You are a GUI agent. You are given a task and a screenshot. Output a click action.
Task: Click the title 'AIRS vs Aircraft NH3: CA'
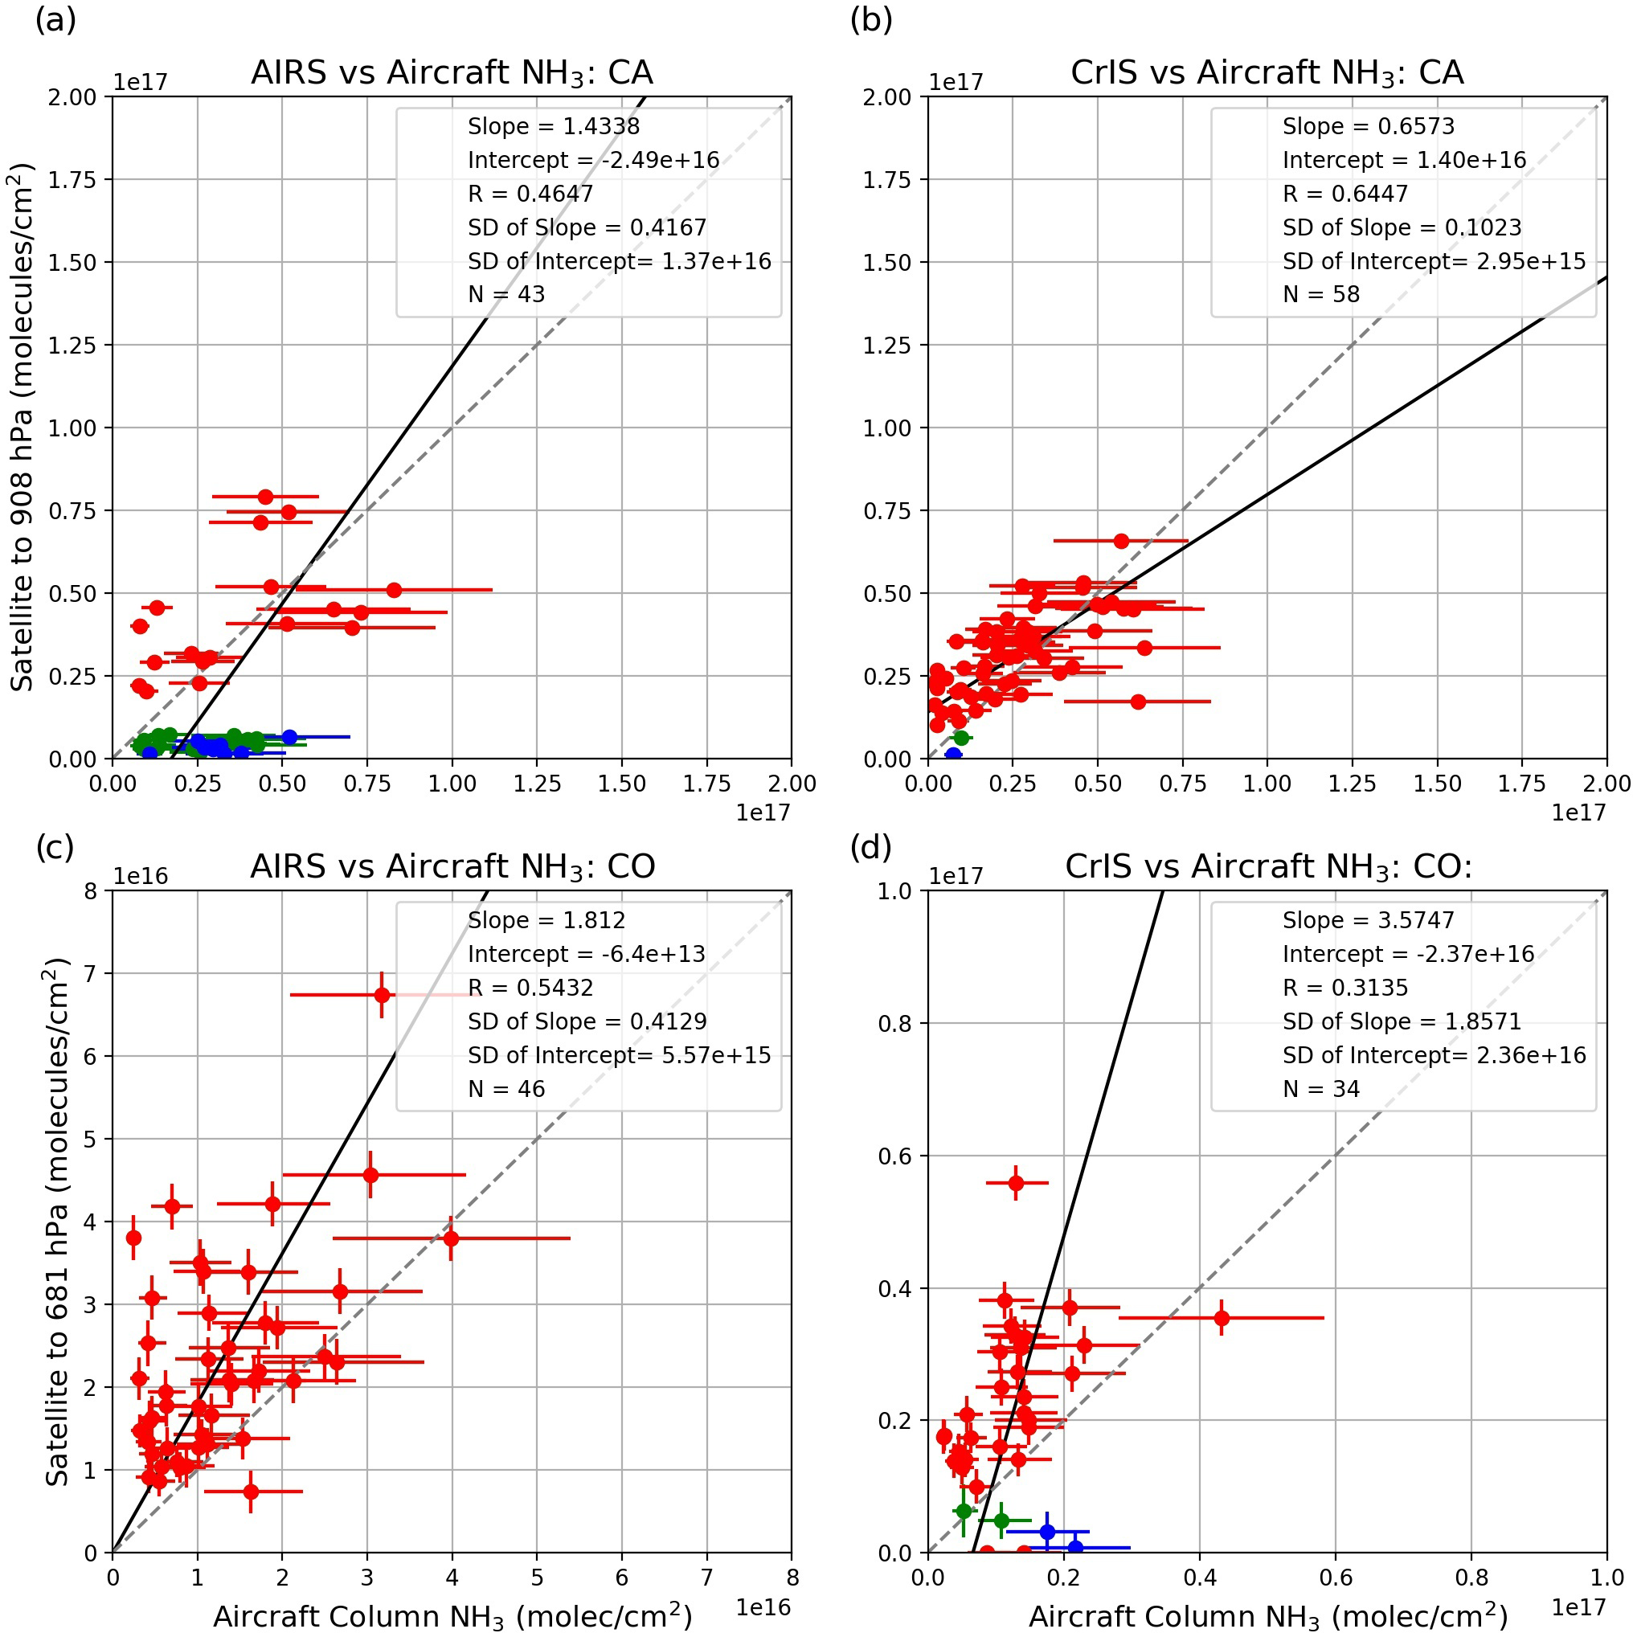point(452,74)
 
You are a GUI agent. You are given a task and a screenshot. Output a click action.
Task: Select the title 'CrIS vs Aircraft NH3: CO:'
point(1268,867)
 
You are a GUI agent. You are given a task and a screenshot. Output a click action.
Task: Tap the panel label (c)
point(55,847)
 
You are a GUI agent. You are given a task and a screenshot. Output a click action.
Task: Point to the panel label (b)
point(870,19)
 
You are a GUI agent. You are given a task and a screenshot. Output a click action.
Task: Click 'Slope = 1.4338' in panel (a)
point(554,127)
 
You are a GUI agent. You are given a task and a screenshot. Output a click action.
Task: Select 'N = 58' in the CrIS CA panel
point(1321,294)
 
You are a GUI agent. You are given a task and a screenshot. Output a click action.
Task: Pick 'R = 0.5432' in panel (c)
point(531,987)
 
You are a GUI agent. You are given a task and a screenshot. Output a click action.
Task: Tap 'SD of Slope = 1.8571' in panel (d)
point(1402,1021)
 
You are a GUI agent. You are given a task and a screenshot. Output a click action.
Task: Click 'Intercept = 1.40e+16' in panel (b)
point(1404,160)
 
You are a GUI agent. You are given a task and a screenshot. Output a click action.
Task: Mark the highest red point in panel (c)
point(382,995)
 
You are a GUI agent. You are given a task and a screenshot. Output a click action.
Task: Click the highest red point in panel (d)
point(1016,1183)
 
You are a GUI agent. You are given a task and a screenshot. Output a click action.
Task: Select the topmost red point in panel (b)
point(1121,541)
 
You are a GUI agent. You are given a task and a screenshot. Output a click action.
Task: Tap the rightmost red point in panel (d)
point(1222,1318)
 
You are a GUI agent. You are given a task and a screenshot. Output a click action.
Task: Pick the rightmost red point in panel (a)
point(394,590)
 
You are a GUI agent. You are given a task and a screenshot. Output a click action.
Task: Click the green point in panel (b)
point(961,738)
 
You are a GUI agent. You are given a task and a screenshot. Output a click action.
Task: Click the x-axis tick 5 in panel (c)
point(537,1578)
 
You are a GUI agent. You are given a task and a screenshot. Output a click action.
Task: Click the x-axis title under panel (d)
point(1268,1615)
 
